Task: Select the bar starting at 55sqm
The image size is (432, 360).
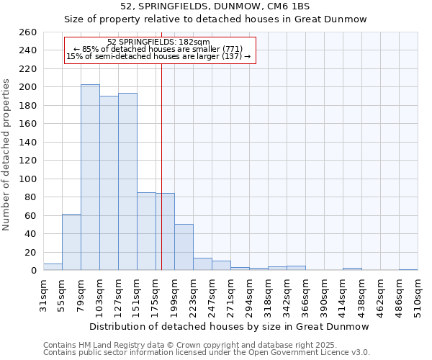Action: coord(71,242)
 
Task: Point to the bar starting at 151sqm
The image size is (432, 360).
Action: coord(146,231)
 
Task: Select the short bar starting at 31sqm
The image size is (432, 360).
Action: coord(53,267)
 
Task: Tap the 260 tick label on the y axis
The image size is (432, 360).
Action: coord(28,32)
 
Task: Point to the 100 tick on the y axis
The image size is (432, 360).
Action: coord(28,179)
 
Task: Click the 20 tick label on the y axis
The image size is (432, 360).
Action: coord(30,252)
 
